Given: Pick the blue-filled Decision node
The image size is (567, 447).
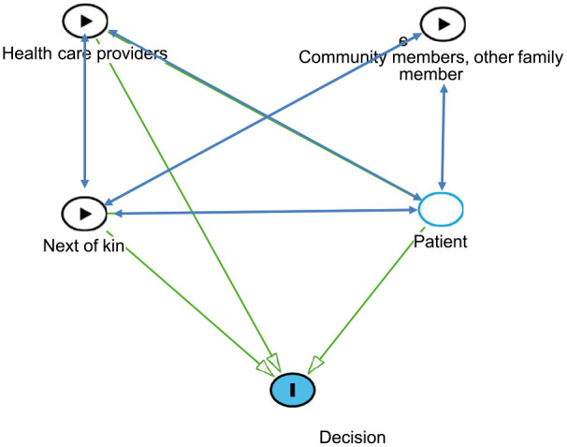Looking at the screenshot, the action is (293, 390).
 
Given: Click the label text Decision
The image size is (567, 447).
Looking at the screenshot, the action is (352, 438).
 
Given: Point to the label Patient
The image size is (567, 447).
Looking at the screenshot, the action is (440, 241).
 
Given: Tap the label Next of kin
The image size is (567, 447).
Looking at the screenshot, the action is (83, 246).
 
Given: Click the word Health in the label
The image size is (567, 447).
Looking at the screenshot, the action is (27, 53).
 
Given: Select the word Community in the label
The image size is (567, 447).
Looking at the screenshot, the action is (342, 57).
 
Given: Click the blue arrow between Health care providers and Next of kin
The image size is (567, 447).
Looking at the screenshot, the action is (84, 111).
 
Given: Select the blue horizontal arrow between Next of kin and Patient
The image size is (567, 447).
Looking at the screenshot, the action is (266, 212).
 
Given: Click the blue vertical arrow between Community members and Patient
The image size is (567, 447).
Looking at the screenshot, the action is (443, 137).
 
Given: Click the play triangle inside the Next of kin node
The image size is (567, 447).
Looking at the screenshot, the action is (85, 214).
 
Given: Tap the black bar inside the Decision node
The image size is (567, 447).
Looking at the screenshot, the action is (293, 390).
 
